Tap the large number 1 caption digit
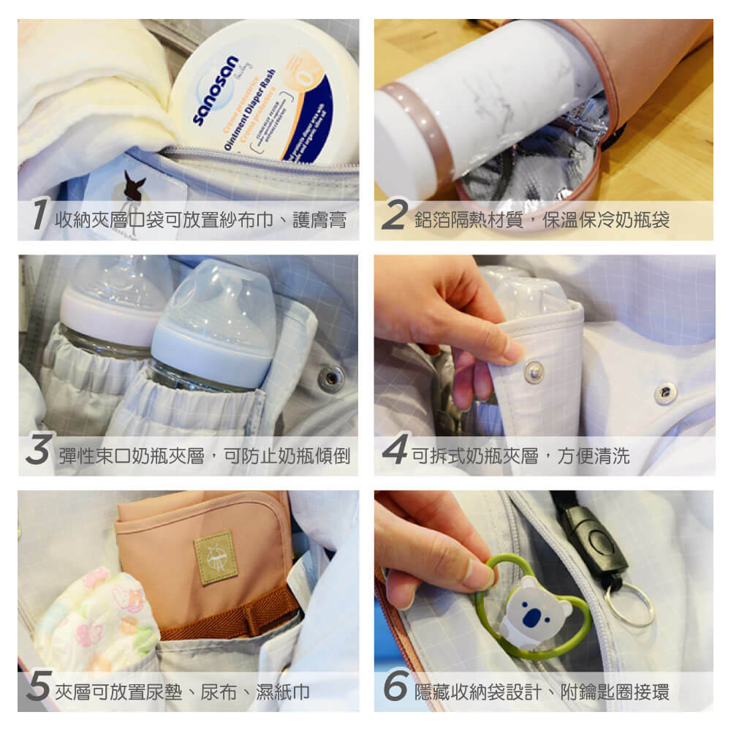tap(39, 218)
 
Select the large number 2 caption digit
tap(394, 218)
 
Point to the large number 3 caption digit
tap(38, 452)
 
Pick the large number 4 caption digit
tap(395, 452)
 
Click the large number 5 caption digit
tap(39, 689)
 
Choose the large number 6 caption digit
tap(395, 689)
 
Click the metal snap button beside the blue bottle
tap(331, 377)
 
